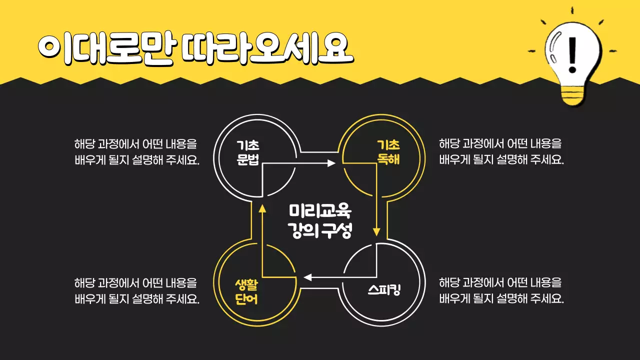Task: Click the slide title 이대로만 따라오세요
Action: (x=195, y=49)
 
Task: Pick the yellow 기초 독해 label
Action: (x=388, y=152)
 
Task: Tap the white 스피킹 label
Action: (x=384, y=290)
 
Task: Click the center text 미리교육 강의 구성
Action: (x=320, y=220)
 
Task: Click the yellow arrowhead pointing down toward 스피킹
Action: (x=377, y=231)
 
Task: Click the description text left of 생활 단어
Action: (x=136, y=291)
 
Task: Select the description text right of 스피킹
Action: (x=501, y=291)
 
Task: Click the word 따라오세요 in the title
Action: (x=267, y=49)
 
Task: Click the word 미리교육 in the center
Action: (x=320, y=210)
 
